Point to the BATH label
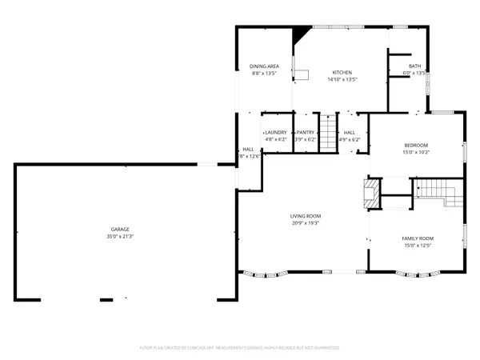tap(414, 66)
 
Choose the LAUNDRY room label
tap(276, 132)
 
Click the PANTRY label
tap(306, 132)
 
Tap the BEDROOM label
tap(416, 144)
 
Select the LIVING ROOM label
tap(306, 216)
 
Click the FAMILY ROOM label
tap(417, 239)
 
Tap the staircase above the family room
tap(436, 189)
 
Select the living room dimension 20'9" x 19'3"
tap(306, 223)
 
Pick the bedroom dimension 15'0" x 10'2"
tap(416, 151)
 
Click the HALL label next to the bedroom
tap(350, 132)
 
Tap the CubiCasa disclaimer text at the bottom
tap(240, 348)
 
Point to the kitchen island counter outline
tap(304, 74)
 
